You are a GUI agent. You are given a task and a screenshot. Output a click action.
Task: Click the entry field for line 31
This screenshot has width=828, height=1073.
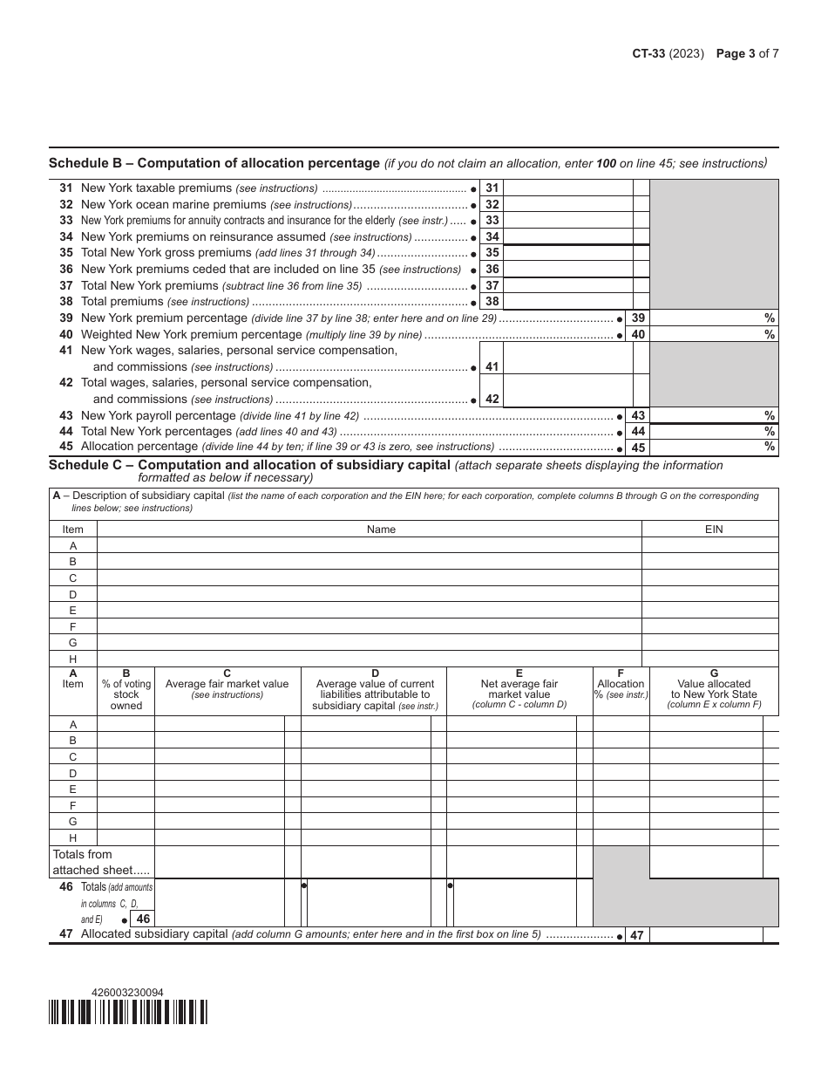pyautogui.click(x=567, y=188)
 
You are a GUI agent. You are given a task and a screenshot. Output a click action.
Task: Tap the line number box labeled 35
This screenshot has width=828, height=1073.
pyautogui.click(x=492, y=253)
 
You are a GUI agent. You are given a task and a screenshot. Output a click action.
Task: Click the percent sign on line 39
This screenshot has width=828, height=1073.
pyautogui.click(x=770, y=318)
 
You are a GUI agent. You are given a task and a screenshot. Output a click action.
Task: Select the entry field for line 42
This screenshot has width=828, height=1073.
pyautogui.click(x=567, y=391)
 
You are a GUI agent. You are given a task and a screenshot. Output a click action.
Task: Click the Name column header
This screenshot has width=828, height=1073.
pyautogui.click(x=381, y=530)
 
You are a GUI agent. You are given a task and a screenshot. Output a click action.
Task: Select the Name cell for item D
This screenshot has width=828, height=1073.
pyautogui.click(x=369, y=594)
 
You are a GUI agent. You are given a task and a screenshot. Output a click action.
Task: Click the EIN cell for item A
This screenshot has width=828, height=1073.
pyautogui.click(x=710, y=545)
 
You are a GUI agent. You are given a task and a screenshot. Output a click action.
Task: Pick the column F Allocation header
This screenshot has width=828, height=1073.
pyautogui.click(x=621, y=684)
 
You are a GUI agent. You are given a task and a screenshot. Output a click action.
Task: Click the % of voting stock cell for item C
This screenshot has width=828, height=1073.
pyautogui.click(x=126, y=757)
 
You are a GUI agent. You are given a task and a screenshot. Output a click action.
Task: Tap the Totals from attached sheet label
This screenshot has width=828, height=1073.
pyautogui.click(x=89, y=862)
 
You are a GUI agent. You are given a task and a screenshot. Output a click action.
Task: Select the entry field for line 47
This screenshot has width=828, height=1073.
pyautogui.click(x=706, y=935)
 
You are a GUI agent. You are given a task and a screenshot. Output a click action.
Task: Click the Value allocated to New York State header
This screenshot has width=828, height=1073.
pyautogui.click(x=714, y=689)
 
